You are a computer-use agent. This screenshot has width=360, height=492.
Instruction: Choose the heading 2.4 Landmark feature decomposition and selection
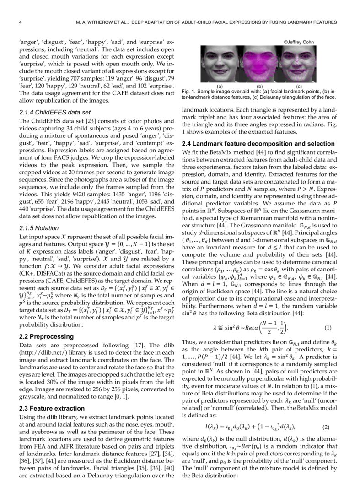[x=258, y=144]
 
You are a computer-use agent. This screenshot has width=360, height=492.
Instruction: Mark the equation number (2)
[x=326, y=427]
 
